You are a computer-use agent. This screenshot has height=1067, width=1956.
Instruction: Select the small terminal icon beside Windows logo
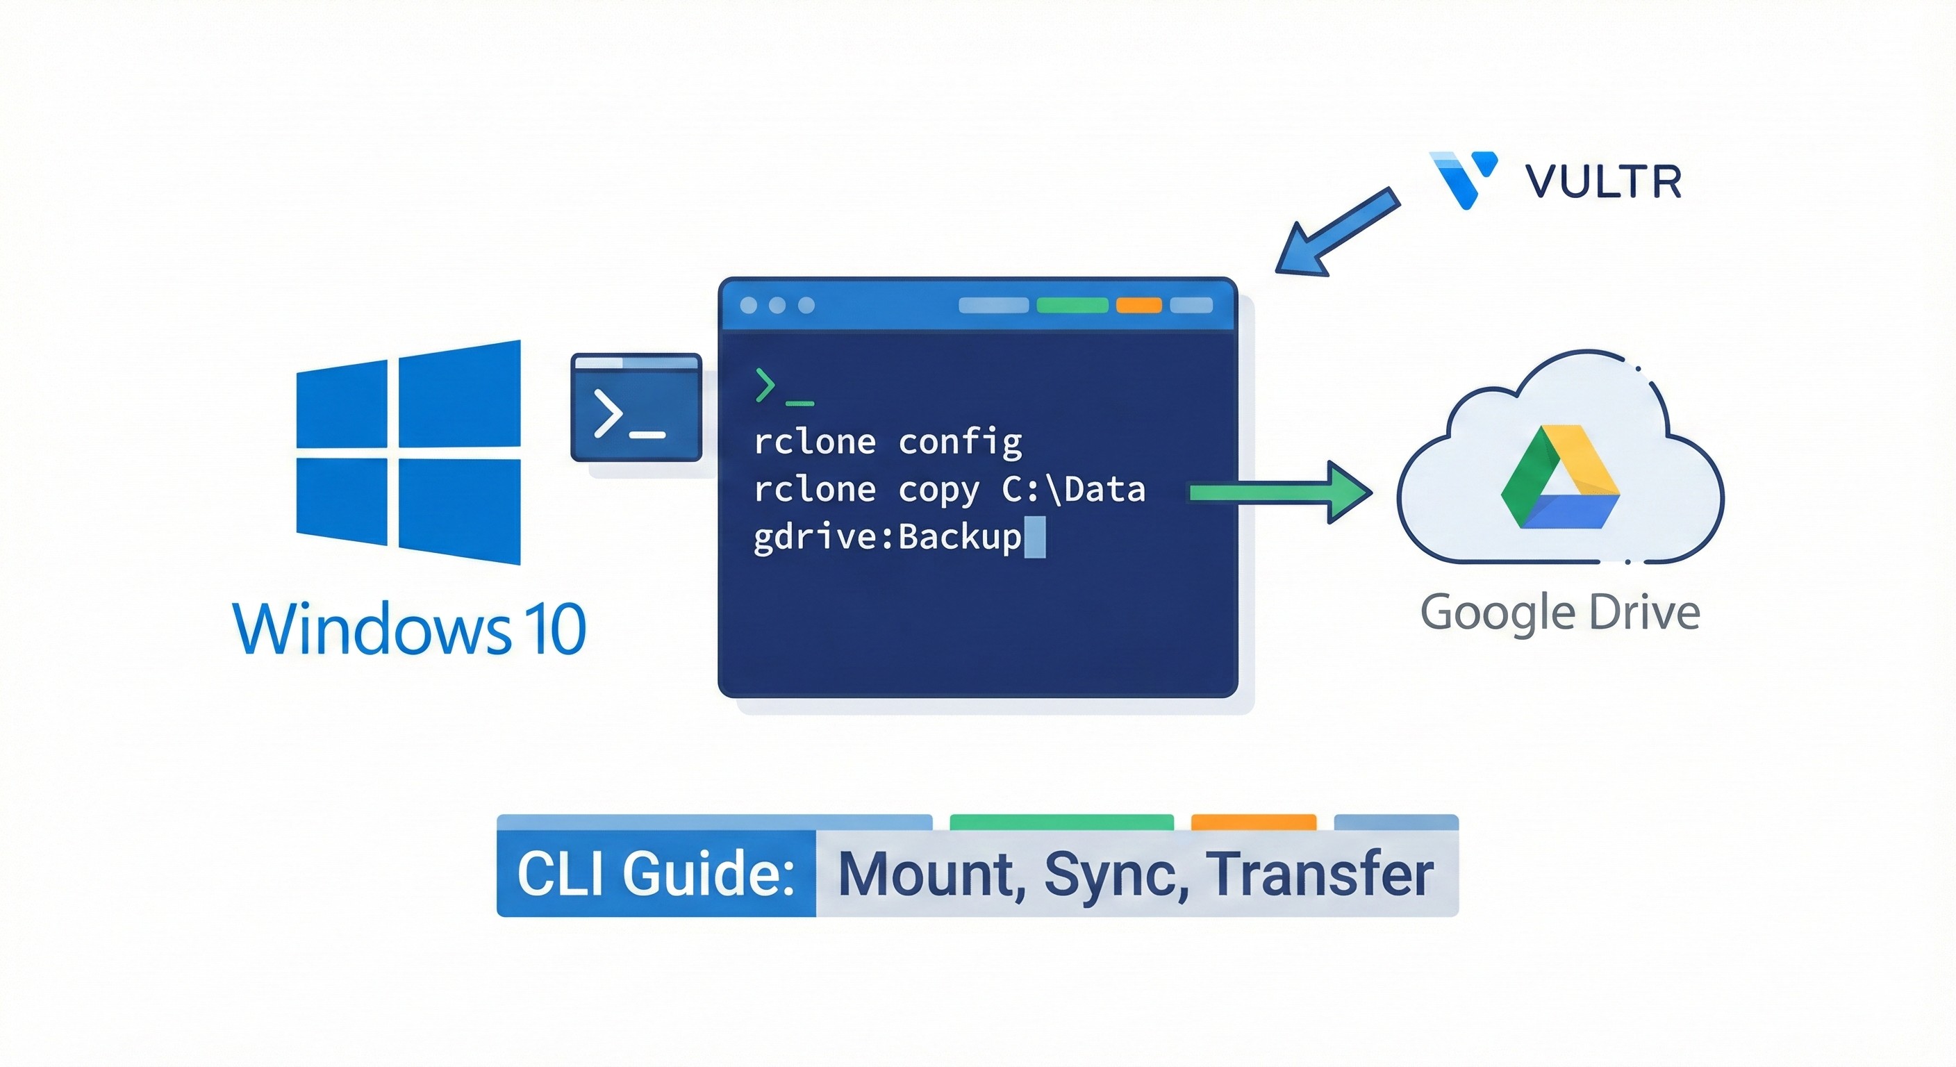click(x=636, y=408)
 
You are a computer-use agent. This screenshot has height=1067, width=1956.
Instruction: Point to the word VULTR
click(x=1603, y=182)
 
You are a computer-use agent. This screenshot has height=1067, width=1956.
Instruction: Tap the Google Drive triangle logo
click(x=1559, y=479)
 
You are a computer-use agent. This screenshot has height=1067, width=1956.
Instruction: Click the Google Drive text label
click(x=1559, y=613)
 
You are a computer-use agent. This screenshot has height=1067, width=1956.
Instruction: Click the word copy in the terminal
click(x=938, y=490)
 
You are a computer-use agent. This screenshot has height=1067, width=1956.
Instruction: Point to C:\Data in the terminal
click(x=1073, y=490)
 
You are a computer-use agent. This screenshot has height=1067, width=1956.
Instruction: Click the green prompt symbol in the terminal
click(x=765, y=385)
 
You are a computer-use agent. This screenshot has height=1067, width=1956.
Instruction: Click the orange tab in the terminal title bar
click(x=1138, y=305)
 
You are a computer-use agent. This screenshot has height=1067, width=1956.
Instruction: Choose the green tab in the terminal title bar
click(x=1072, y=305)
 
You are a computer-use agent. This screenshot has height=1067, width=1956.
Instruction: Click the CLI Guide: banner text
click(x=655, y=874)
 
